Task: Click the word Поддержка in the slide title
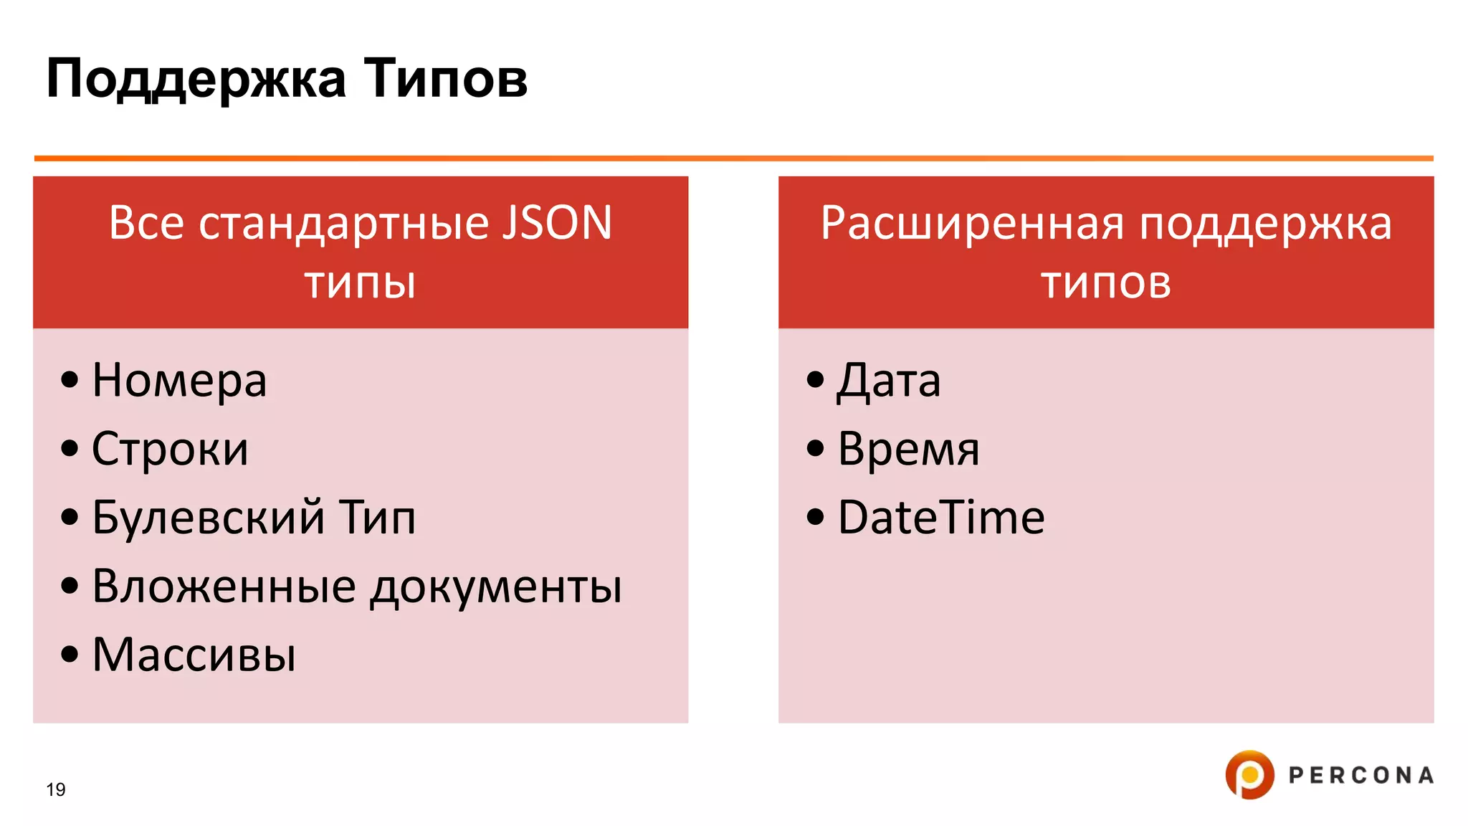196,79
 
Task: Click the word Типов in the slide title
446,79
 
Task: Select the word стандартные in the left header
345,224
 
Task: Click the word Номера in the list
179,380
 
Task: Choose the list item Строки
170,450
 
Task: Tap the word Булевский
209,518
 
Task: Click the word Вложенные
224,587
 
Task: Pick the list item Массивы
194,655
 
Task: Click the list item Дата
888,380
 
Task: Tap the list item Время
908,450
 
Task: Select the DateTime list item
940,518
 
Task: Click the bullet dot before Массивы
70,654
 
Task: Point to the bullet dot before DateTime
815,516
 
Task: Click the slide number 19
56,789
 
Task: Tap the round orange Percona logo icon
1249,774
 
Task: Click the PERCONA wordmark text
1360,775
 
